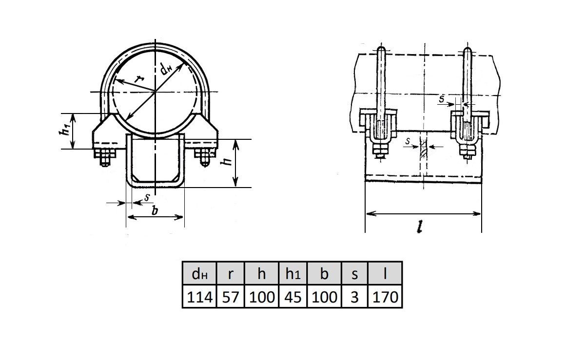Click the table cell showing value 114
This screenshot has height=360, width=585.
(x=199, y=297)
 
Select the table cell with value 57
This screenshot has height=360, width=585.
(x=230, y=297)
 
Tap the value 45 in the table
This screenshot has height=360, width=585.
(x=293, y=297)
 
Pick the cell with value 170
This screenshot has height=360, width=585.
(x=385, y=297)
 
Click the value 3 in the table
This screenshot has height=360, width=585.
(x=354, y=297)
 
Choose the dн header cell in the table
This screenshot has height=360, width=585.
(x=199, y=273)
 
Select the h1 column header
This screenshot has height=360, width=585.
(x=293, y=273)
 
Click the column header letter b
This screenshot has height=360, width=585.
(x=324, y=273)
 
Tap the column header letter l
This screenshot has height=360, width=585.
(x=385, y=273)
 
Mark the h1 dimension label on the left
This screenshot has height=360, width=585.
(x=64, y=130)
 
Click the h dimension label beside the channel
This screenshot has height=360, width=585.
(x=226, y=161)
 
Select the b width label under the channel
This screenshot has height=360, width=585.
(x=155, y=210)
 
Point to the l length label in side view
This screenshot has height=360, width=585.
(x=420, y=227)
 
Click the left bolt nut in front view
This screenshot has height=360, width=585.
(x=105, y=157)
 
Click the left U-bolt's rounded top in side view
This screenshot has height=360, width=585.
(x=381, y=50)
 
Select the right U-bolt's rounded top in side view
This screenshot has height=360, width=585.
(x=468, y=51)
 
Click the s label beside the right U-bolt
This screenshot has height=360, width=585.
(x=441, y=98)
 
